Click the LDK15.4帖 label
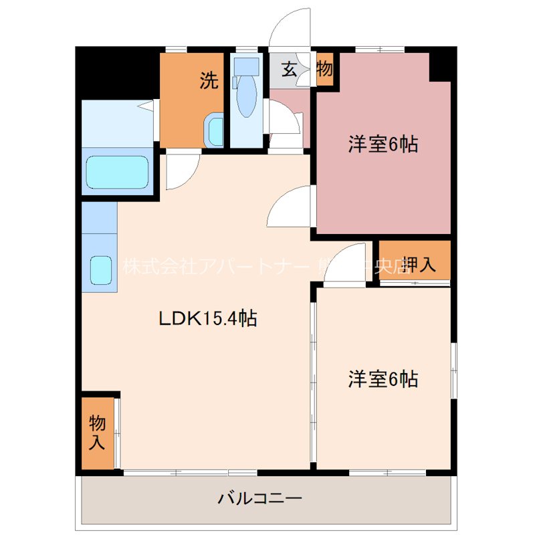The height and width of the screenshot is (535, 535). [208, 319]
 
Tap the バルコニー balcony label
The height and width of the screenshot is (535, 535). [260, 498]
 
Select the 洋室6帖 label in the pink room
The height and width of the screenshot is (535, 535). [383, 144]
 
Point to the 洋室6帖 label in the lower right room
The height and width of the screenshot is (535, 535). [383, 379]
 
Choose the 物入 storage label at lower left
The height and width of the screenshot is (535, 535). [98, 432]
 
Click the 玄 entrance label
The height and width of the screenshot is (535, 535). [289, 69]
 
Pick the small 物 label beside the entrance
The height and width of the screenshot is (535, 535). [324, 69]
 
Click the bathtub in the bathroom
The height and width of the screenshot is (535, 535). [117, 173]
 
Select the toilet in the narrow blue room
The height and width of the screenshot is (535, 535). [247, 94]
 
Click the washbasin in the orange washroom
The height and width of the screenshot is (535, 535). [215, 130]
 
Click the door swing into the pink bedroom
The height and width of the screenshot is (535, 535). [290, 207]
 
